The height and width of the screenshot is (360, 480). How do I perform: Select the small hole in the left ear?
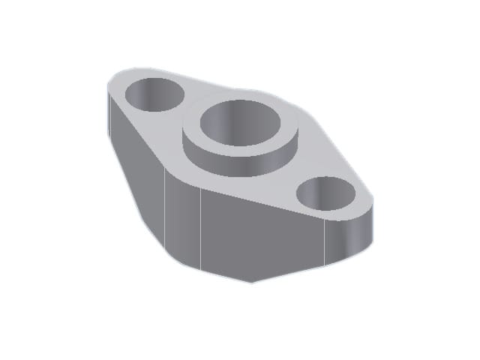click(x=154, y=94)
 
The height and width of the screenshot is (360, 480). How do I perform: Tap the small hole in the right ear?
click(x=326, y=196)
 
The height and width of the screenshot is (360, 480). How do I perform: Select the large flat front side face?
click(x=262, y=232)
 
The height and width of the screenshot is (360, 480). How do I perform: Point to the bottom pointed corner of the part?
click(x=253, y=282)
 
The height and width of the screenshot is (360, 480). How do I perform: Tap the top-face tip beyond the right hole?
click(x=364, y=202)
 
